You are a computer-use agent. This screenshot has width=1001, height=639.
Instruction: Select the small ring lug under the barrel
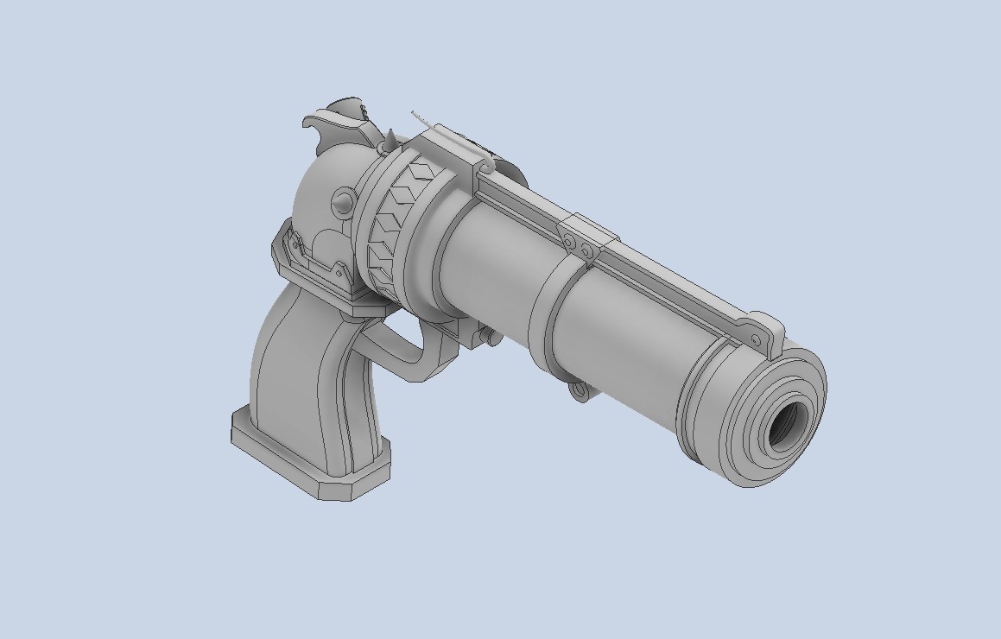coord(580,393)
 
